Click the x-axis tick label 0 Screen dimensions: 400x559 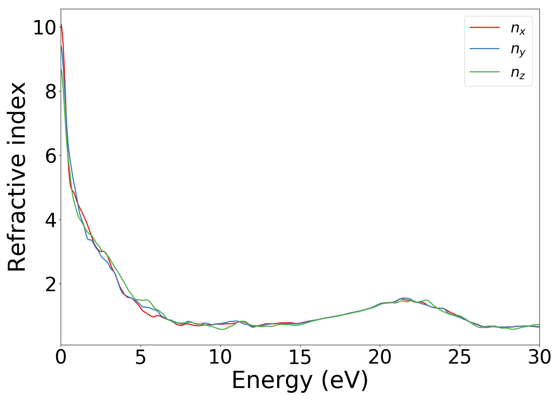(x=61, y=357)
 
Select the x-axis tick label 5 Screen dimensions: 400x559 (x=141, y=357)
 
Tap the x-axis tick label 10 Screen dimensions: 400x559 (x=220, y=357)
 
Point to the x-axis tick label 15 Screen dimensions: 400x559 (x=300, y=357)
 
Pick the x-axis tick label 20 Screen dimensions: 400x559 (x=380, y=357)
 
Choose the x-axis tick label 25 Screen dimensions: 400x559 (x=460, y=357)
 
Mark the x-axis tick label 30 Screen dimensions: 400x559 (x=539, y=357)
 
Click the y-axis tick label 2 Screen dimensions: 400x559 (x=50, y=284)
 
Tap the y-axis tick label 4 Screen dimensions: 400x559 (x=50, y=220)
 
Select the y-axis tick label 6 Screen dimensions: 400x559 (x=50, y=156)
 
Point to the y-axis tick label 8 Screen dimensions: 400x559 (x=50, y=92)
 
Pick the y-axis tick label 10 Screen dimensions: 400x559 (x=45, y=28)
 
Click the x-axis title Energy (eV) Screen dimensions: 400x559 (x=300, y=380)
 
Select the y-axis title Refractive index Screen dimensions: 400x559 (x=17, y=177)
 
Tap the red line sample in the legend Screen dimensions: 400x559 (x=484, y=27)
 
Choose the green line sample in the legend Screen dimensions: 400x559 (x=484, y=72)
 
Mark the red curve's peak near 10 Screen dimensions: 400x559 (x=61, y=24)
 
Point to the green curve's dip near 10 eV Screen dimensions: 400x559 (x=222, y=329)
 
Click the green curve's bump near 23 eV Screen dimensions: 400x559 (x=427, y=300)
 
